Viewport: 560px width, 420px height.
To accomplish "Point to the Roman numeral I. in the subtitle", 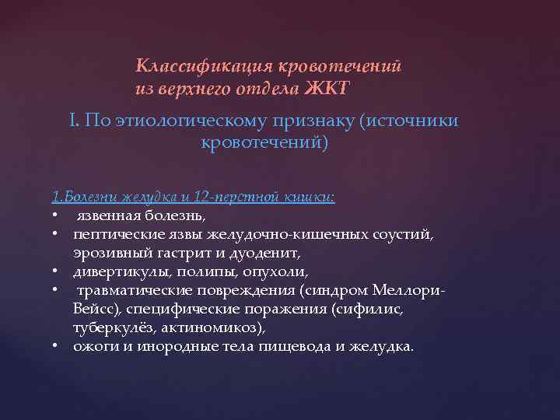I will (73, 121).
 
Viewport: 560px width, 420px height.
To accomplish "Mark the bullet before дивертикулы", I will (57, 272).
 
